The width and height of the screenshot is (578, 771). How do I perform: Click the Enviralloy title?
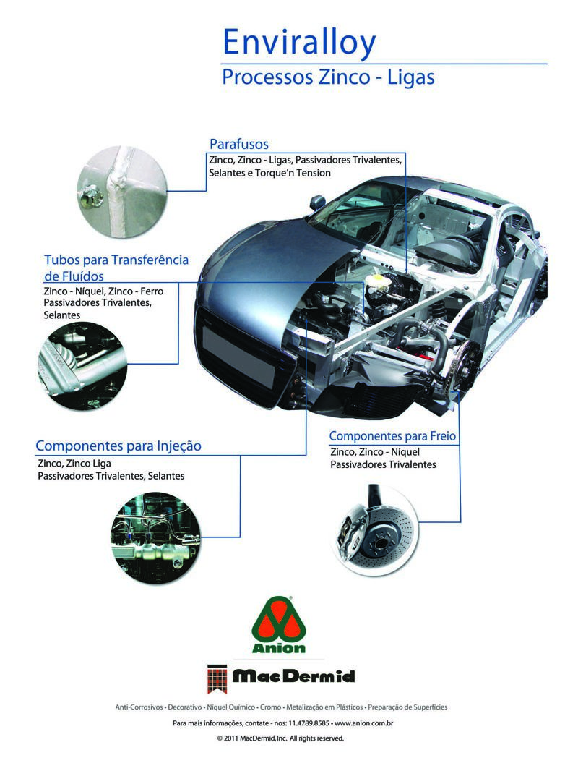[x=299, y=43]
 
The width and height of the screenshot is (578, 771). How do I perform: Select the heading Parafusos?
[x=238, y=144]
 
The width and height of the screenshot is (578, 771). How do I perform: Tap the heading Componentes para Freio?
[x=392, y=436]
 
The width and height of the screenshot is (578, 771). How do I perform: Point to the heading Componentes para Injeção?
[x=118, y=446]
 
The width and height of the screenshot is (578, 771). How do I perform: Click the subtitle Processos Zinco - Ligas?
[x=328, y=77]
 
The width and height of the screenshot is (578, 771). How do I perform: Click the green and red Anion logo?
[x=278, y=624]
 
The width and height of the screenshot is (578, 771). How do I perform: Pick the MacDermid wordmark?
[x=293, y=676]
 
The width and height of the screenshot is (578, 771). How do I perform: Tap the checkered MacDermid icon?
[x=217, y=678]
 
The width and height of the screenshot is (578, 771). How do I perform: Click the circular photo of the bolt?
[x=122, y=191]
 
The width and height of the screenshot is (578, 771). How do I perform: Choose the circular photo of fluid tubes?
[x=82, y=366]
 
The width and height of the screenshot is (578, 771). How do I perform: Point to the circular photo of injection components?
[x=155, y=538]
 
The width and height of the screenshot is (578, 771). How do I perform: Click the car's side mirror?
[x=316, y=202]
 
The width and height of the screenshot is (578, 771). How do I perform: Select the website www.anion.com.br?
[x=364, y=723]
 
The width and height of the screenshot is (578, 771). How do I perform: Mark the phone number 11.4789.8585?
[x=309, y=723]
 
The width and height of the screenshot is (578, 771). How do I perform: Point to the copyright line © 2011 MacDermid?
[x=280, y=738]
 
